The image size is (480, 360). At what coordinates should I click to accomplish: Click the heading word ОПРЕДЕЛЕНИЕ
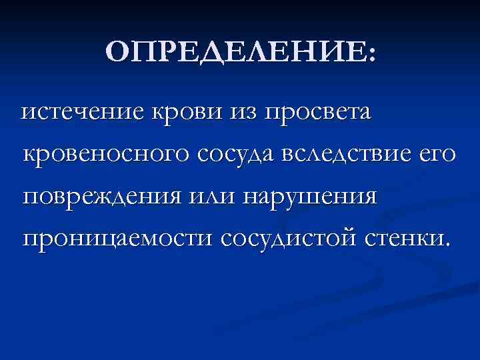click(234, 53)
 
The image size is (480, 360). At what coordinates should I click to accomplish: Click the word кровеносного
click(104, 155)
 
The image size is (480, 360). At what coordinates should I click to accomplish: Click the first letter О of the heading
click(117, 53)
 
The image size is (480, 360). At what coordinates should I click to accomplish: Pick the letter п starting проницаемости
click(30, 241)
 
